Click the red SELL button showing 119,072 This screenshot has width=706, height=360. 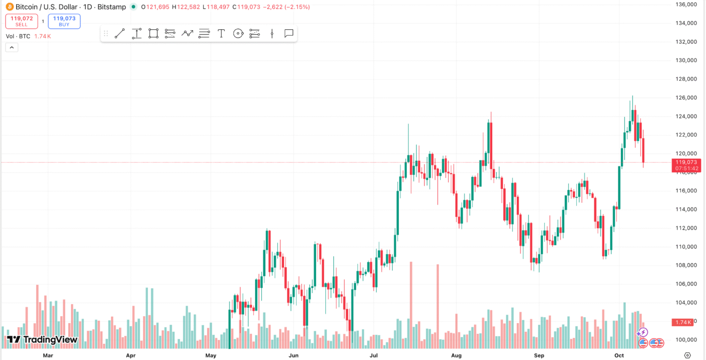coord(22,21)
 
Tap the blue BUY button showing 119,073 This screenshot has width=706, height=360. coord(64,21)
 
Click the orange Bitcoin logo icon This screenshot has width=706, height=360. coord(10,7)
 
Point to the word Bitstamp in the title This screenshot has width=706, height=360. coord(112,7)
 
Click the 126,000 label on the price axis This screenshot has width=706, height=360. coord(686,98)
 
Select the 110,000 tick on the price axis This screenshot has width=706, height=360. coord(686,247)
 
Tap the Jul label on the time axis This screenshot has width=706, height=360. coord(374,355)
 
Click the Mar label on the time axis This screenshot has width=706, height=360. coord(48,355)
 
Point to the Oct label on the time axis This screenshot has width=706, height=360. coord(619,355)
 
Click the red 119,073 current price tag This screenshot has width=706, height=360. coord(686,162)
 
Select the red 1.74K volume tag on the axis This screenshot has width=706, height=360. coord(683,322)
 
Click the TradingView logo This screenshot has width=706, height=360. coord(42,340)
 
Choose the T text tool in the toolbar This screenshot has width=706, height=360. coord(221,34)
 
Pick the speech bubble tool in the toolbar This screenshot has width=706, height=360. coord(289,34)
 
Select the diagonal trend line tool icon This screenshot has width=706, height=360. coord(120,34)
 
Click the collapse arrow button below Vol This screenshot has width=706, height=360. coord(12,47)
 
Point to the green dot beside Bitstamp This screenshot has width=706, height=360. coord(133,7)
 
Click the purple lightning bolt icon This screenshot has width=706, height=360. coord(642,332)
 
